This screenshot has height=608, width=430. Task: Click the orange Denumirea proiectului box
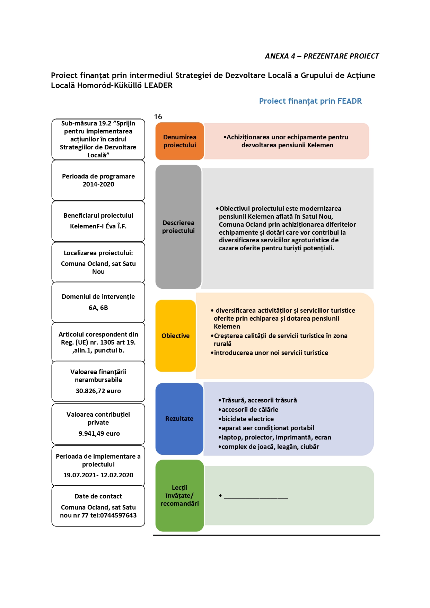179,141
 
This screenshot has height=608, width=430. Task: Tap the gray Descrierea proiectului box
178,227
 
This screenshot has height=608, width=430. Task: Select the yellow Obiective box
176,336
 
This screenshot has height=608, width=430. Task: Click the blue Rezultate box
179,419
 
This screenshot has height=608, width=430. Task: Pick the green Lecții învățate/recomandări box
179,495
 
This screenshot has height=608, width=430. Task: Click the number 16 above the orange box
158,117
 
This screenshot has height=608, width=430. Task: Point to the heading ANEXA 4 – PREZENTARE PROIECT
322,56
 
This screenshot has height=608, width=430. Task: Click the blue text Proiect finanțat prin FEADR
310,101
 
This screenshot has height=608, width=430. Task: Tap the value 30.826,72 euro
98,391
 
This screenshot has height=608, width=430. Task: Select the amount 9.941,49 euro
99,434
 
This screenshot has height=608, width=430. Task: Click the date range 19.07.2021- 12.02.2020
98,475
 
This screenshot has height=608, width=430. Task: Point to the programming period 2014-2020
98,184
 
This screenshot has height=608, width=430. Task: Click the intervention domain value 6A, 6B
98,308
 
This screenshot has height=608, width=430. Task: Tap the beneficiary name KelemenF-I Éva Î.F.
98,226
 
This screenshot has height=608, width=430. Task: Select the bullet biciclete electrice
246,419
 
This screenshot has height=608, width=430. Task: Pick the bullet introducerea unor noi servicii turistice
270,353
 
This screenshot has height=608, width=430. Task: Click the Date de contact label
98,496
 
